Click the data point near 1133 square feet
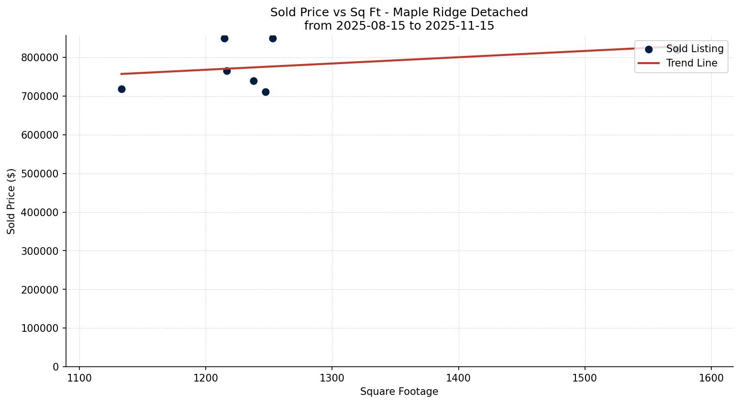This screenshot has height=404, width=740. (x=121, y=89)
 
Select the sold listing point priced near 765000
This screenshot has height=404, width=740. (x=227, y=71)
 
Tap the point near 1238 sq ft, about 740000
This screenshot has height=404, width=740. (x=254, y=81)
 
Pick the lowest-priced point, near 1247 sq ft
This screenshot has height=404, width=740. (x=265, y=92)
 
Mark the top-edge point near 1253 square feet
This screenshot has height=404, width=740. (x=273, y=38)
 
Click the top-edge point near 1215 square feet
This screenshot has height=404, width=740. (x=224, y=38)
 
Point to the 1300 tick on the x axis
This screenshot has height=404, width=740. (x=332, y=378)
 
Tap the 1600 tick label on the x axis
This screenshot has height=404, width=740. (x=711, y=378)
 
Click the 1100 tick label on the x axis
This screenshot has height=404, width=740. (x=79, y=378)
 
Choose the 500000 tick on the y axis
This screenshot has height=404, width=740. (x=40, y=174)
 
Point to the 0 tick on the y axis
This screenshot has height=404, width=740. (x=56, y=367)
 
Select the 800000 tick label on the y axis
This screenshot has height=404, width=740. (x=40, y=57)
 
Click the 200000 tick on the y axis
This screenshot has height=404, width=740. (x=40, y=290)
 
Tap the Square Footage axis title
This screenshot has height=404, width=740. (x=399, y=392)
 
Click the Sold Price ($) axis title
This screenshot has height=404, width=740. (x=11, y=201)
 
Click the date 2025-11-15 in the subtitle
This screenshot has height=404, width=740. (x=460, y=26)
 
